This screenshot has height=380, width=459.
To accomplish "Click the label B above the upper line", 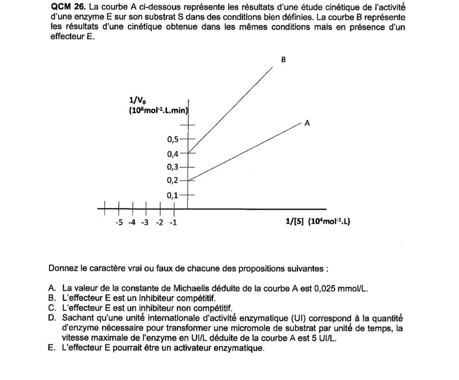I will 283,60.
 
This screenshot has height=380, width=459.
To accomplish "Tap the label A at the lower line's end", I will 307,123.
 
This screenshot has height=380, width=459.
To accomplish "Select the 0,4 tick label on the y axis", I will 173,154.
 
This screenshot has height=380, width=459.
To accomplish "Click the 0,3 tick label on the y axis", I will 173,167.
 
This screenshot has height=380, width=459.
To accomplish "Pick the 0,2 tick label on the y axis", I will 173,180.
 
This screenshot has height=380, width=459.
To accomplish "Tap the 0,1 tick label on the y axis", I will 173,195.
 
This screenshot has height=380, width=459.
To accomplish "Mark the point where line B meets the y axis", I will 187,152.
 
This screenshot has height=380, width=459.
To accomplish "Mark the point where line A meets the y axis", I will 187,180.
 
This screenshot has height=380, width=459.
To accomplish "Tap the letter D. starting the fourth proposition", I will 52,318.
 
